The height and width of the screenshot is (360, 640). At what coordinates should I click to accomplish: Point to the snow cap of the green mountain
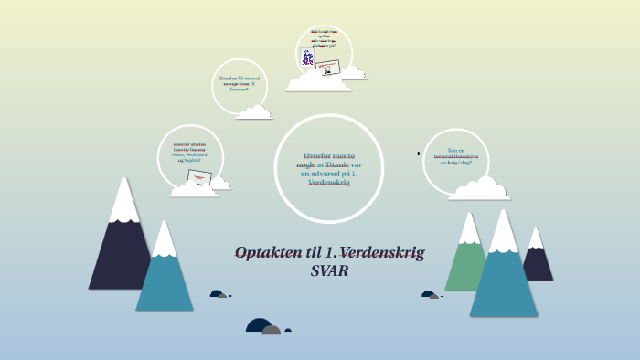pos(469,228)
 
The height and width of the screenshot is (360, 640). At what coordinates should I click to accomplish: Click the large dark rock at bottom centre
pos(259,326)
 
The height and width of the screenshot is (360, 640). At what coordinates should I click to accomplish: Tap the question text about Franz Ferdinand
pos(190,151)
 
